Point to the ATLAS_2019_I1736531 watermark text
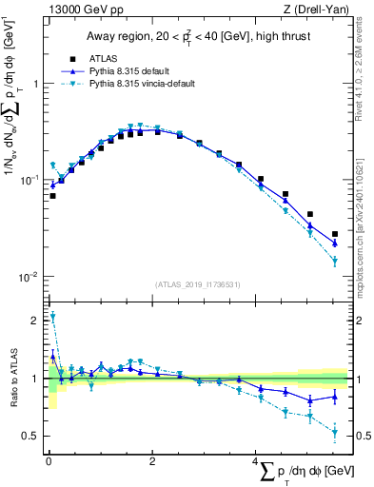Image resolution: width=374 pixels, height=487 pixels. coord(197,283)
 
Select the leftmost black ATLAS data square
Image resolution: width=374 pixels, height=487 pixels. coord(52,196)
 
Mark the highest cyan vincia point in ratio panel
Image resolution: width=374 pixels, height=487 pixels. coord(52,317)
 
